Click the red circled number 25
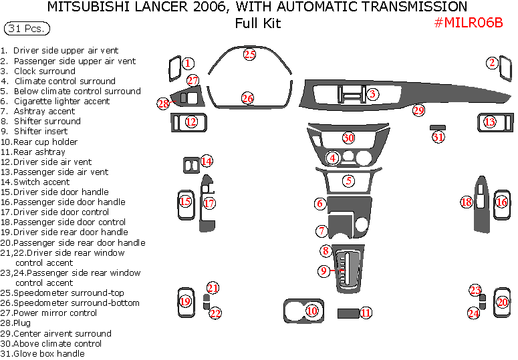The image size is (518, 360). (249, 55)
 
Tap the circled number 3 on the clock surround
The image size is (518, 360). (372, 94)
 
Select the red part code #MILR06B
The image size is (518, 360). (468, 23)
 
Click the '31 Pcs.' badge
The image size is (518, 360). (27, 29)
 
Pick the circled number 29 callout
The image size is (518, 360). (418, 110)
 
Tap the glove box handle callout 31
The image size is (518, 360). (438, 137)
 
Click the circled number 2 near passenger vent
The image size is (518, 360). (492, 63)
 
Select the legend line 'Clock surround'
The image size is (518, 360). (44, 71)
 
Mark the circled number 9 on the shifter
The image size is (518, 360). (323, 271)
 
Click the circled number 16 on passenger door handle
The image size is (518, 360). (501, 202)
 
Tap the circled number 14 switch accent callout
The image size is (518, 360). (207, 161)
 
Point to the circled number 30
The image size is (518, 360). (348, 138)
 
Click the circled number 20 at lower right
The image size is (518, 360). (502, 302)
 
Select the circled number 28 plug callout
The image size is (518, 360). (163, 104)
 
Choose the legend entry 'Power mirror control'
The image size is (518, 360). (55, 313)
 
